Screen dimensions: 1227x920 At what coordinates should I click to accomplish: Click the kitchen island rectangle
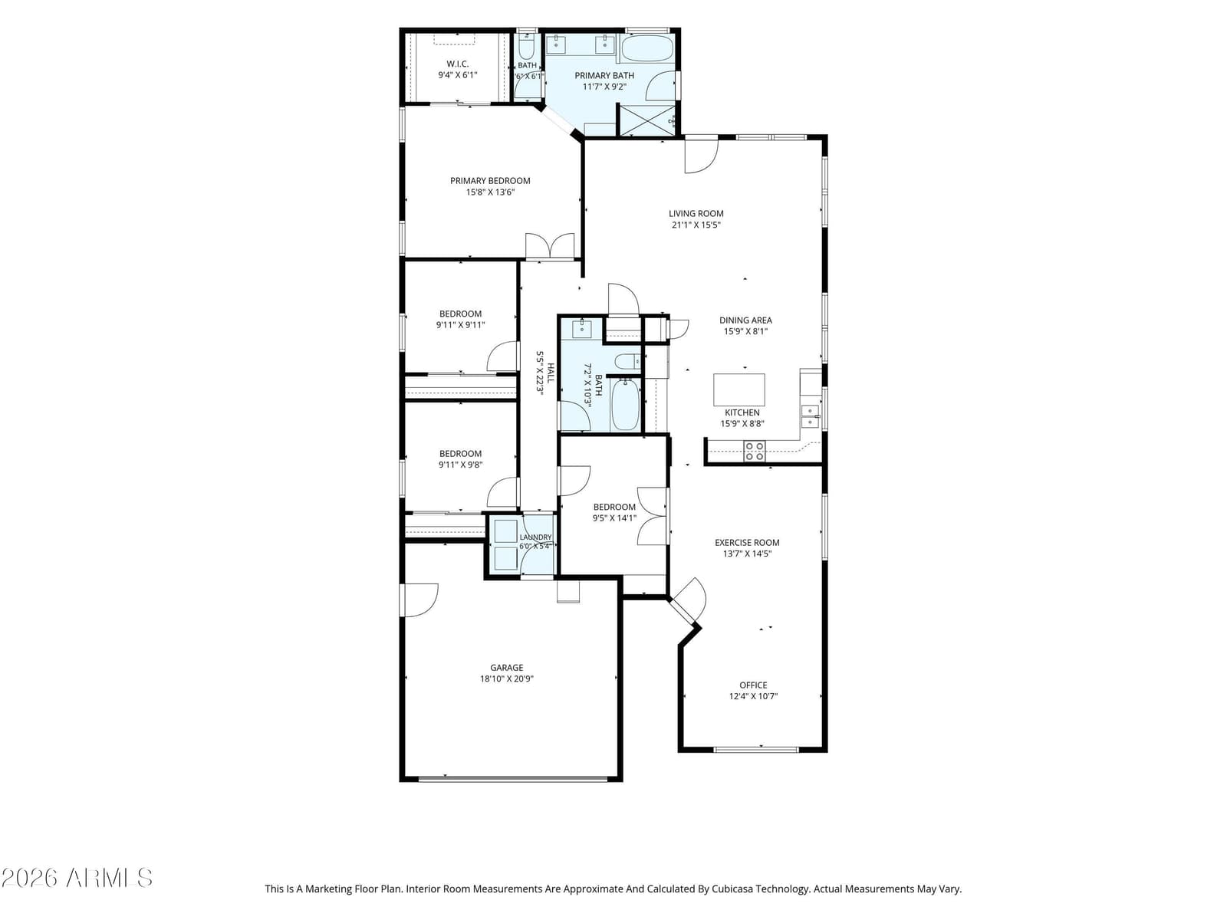point(739,389)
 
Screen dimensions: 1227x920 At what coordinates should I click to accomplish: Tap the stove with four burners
point(754,451)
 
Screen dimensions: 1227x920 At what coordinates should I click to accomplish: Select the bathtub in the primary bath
point(646,48)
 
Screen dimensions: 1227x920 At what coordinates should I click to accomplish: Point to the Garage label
point(506,668)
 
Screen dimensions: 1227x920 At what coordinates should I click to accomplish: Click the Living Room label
point(696,213)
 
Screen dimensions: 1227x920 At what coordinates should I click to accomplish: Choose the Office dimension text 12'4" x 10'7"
point(753,696)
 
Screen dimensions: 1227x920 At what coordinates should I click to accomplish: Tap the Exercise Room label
point(747,542)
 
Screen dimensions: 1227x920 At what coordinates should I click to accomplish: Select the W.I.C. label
point(457,64)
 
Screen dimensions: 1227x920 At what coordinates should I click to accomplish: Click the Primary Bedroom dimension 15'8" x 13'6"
point(490,192)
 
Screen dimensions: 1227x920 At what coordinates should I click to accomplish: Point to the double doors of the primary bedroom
point(550,246)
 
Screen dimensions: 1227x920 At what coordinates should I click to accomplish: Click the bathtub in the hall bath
point(626,405)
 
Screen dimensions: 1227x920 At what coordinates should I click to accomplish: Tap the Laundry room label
point(535,537)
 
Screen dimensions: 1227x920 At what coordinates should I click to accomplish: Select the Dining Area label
point(745,320)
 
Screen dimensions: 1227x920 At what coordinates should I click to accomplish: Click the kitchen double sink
point(810,417)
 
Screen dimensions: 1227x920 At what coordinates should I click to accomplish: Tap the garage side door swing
point(419,600)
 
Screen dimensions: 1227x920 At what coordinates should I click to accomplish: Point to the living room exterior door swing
point(701,156)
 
